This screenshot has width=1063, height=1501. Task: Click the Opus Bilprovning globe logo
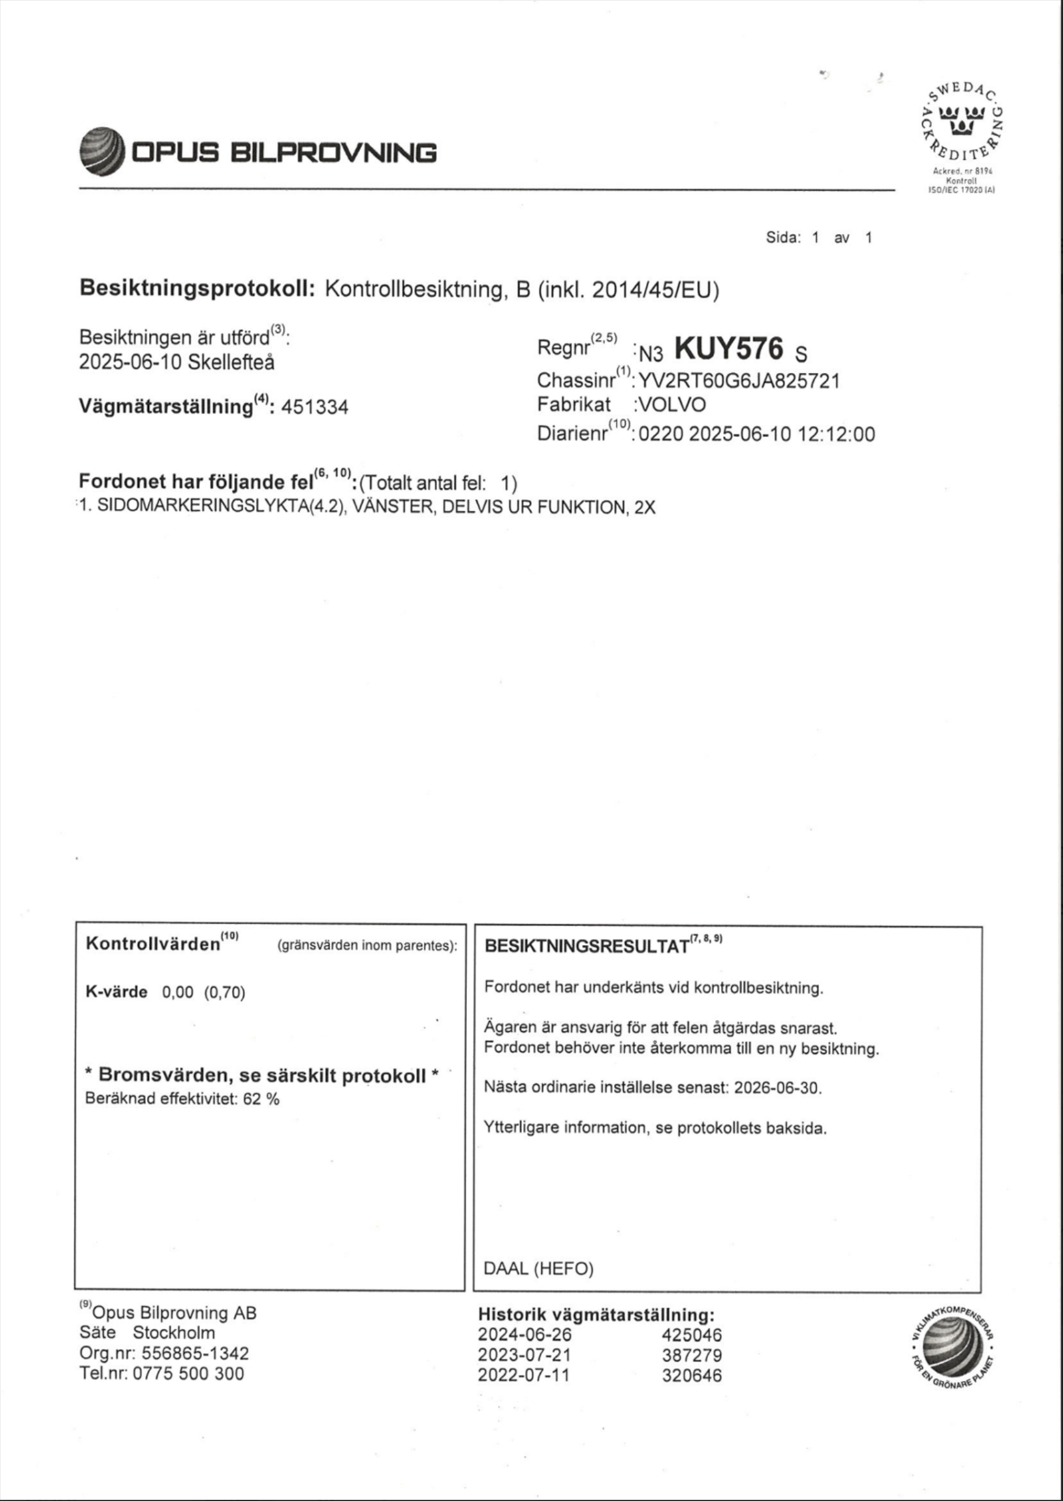coord(102,151)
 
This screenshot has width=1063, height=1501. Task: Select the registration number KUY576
coord(729,348)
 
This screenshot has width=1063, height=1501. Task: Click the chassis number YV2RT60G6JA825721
coord(739,381)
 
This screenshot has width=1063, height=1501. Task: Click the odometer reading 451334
coord(314,407)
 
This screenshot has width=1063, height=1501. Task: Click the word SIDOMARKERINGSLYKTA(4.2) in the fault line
coord(222,507)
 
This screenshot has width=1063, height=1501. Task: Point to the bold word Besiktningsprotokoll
coord(197,288)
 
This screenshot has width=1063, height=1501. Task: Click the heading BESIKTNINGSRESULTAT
coord(586,946)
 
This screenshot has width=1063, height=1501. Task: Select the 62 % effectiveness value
coord(261,1098)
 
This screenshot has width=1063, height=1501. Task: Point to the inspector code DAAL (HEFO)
coord(538,1268)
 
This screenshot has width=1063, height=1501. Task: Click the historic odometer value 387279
coord(691,1355)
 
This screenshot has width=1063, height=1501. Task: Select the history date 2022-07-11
coord(524,1375)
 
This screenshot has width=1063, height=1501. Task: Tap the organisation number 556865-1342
coord(195,1353)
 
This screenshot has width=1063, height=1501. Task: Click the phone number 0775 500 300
coord(189,1373)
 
